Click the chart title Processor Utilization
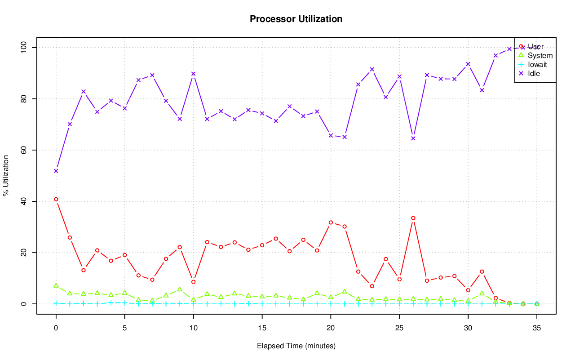(x=296, y=19)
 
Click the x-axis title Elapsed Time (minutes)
(x=296, y=346)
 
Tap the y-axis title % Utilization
(x=6, y=175)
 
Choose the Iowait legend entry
(x=537, y=64)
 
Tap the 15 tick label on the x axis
(x=262, y=328)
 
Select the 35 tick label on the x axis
(x=537, y=328)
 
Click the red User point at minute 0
(x=56, y=199)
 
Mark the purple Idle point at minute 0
(x=56, y=171)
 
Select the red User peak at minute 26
(x=413, y=218)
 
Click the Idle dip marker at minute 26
(x=413, y=138)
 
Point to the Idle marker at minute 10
(x=194, y=74)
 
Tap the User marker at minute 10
(x=194, y=282)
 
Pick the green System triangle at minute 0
(x=56, y=285)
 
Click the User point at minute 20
(x=331, y=222)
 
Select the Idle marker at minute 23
(x=372, y=69)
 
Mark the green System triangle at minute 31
(x=482, y=293)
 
